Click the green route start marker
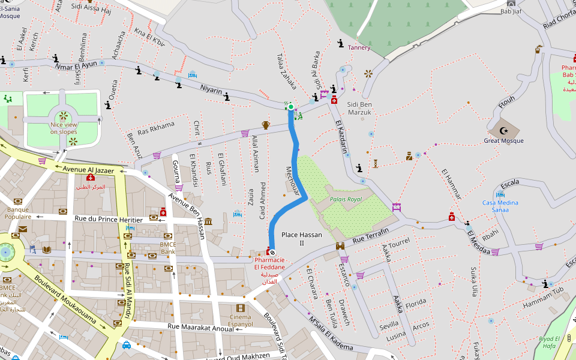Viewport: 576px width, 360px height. point(290,107)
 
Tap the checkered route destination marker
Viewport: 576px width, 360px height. point(272,253)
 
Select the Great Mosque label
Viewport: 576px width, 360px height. point(503,141)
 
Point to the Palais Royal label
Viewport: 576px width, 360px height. point(346,199)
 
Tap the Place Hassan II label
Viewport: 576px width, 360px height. point(301,239)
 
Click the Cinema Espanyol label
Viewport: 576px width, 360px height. point(241,320)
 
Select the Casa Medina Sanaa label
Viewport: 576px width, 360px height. point(500,206)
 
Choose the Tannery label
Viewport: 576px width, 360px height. point(359,47)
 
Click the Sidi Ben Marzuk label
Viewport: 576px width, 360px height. point(359,108)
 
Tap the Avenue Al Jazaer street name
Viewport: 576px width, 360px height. point(88,170)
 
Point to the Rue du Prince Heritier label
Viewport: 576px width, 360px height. point(109,220)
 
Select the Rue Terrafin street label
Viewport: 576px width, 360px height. point(371,235)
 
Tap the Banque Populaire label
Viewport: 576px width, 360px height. point(17,213)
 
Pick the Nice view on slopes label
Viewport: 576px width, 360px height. point(63,128)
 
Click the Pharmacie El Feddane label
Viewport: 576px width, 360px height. point(269,271)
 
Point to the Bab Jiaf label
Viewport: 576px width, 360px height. point(511,11)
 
